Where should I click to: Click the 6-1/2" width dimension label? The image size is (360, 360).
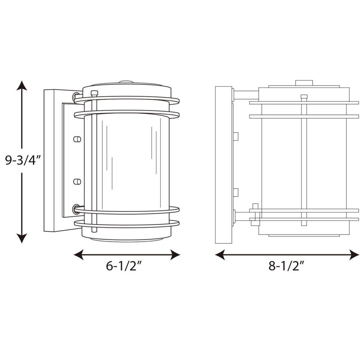click(x=125, y=266)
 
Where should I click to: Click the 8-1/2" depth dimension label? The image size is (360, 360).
click(x=287, y=266)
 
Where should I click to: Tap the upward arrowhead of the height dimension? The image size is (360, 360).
click(x=22, y=85)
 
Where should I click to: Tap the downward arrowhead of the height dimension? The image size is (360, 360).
click(x=22, y=238)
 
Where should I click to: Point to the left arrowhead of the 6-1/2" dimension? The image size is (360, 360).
click(x=78, y=255)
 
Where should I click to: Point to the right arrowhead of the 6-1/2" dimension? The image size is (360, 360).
click(x=175, y=255)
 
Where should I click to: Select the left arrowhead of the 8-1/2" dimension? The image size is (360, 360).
click(x=220, y=255)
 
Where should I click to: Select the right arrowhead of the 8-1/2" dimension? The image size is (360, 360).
click(x=354, y=255)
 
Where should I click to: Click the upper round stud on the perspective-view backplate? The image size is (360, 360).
click(x=77, y=139)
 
